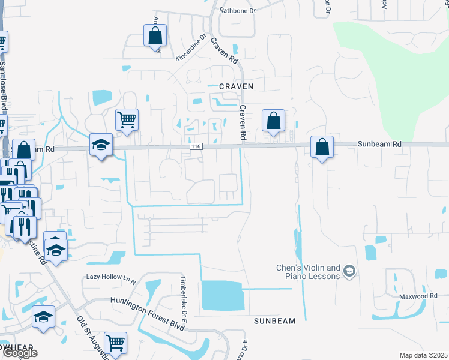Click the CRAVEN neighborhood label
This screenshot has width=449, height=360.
pos(236,86)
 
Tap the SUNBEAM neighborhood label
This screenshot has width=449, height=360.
pos(274,321)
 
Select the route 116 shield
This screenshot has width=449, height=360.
pos(195,146)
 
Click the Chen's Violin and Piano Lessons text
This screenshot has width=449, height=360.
pos(308,272)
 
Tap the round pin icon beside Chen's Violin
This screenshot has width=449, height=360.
pos(349,272)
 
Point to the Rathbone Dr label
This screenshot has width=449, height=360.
pos(238,10)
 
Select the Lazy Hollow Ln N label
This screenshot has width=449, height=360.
pos(112,277)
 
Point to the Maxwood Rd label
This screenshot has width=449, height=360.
pos(419,296)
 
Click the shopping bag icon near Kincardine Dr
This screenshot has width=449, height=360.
pos(155,35)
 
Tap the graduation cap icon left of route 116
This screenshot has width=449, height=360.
pos(101,145)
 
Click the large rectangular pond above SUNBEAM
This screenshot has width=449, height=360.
pos(223,296)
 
